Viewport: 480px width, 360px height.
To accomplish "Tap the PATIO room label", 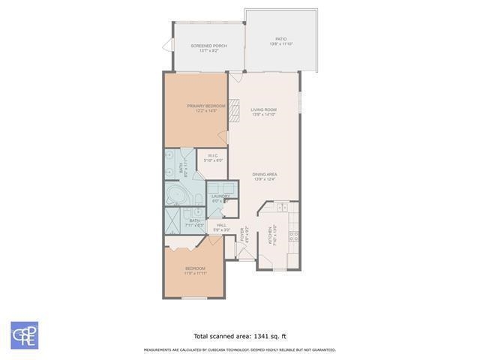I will click(280, 39).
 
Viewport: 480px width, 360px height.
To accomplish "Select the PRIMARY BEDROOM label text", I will click(206, 106).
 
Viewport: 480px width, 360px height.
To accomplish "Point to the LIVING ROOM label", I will click(264, 110).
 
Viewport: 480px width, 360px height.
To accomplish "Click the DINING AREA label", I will click(265, 174).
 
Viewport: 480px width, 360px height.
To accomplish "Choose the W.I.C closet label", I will click(213, 156).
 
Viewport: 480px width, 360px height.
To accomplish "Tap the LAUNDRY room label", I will click(220, 196).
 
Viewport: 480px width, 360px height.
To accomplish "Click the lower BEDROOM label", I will click(196, 268).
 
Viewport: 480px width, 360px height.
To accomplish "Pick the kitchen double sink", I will click(280, 208).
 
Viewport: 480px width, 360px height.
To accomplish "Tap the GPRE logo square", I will click(24, 335).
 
